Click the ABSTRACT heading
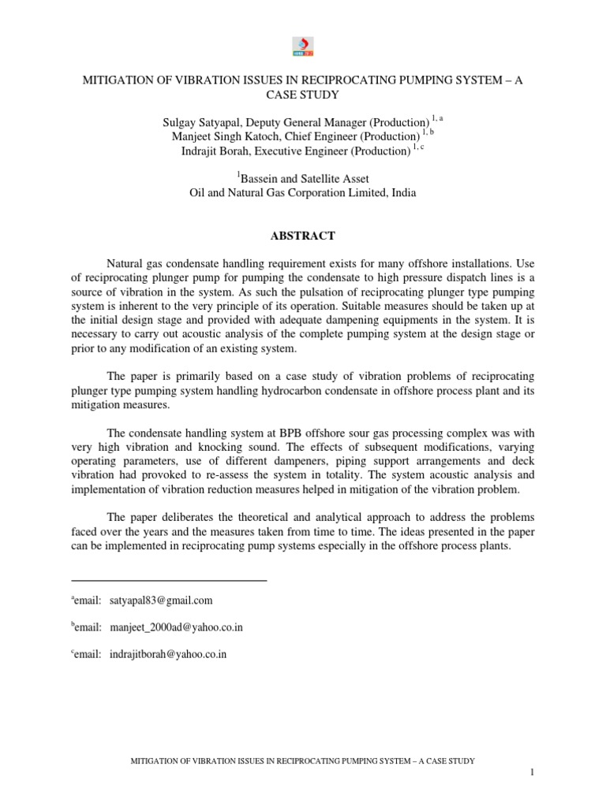pyautogui.click(x=303, y=236)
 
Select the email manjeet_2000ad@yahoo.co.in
pyautogui.click(x=177, y=627)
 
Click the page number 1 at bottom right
pyautogui.click(x=533, y=776)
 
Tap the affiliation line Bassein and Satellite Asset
pyautogui.click(x=303, y=179)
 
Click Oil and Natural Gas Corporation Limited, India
pyautogui.click(x=303, y=193)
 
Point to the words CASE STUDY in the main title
pyautogui.click(x=303, y=95)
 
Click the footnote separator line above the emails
pyautogui.click(x=169, y=581)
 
